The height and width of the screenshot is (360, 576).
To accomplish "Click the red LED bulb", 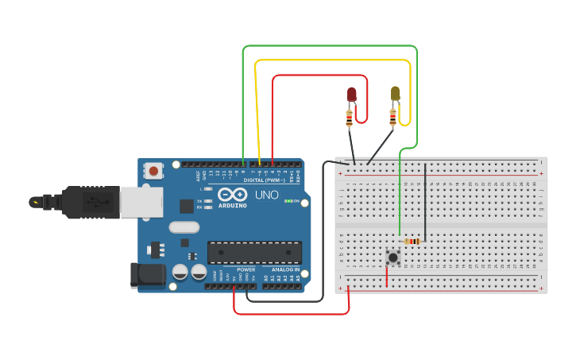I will tap(352, 95).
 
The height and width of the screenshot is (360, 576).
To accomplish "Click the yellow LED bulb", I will tap(395, 94).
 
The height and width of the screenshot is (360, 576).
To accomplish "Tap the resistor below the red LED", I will tap(349, 119).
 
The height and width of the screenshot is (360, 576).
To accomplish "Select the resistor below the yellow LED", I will tap(392, 118).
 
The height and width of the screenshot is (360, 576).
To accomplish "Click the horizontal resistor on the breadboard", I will tap(412, 242).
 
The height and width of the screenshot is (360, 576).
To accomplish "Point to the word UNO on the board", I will tap(265, 195).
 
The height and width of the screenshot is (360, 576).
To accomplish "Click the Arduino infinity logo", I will tap(233, 195).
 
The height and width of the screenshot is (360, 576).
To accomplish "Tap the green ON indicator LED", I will tap(287, 201).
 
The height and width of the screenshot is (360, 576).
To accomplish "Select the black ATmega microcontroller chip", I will tap(254, 252).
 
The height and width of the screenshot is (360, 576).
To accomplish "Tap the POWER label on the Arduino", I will tap(245, 269).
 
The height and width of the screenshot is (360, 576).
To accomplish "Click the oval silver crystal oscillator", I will tap(184, 227).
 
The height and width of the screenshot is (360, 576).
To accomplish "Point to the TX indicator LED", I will tap(209, 200).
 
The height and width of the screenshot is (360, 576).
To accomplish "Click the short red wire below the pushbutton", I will tap(387, 276).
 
